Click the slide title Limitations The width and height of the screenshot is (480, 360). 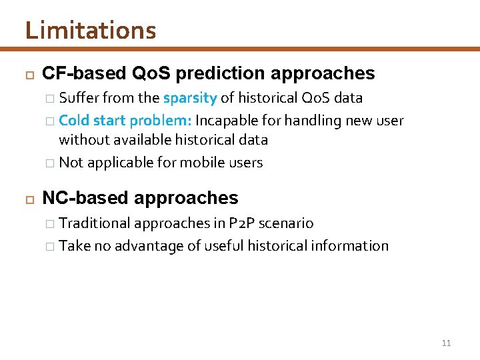coord(91,31)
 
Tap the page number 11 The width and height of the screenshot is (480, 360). coord(446,343)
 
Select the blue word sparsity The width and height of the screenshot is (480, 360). coord(190,98)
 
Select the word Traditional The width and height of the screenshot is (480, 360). coord(95,223)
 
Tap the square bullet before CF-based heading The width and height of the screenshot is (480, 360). coord(28,74)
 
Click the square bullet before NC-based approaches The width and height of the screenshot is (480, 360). coord(28,199)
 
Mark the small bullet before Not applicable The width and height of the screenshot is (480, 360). coord(51,163)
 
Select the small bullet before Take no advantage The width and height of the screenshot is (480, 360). coord(51,246)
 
